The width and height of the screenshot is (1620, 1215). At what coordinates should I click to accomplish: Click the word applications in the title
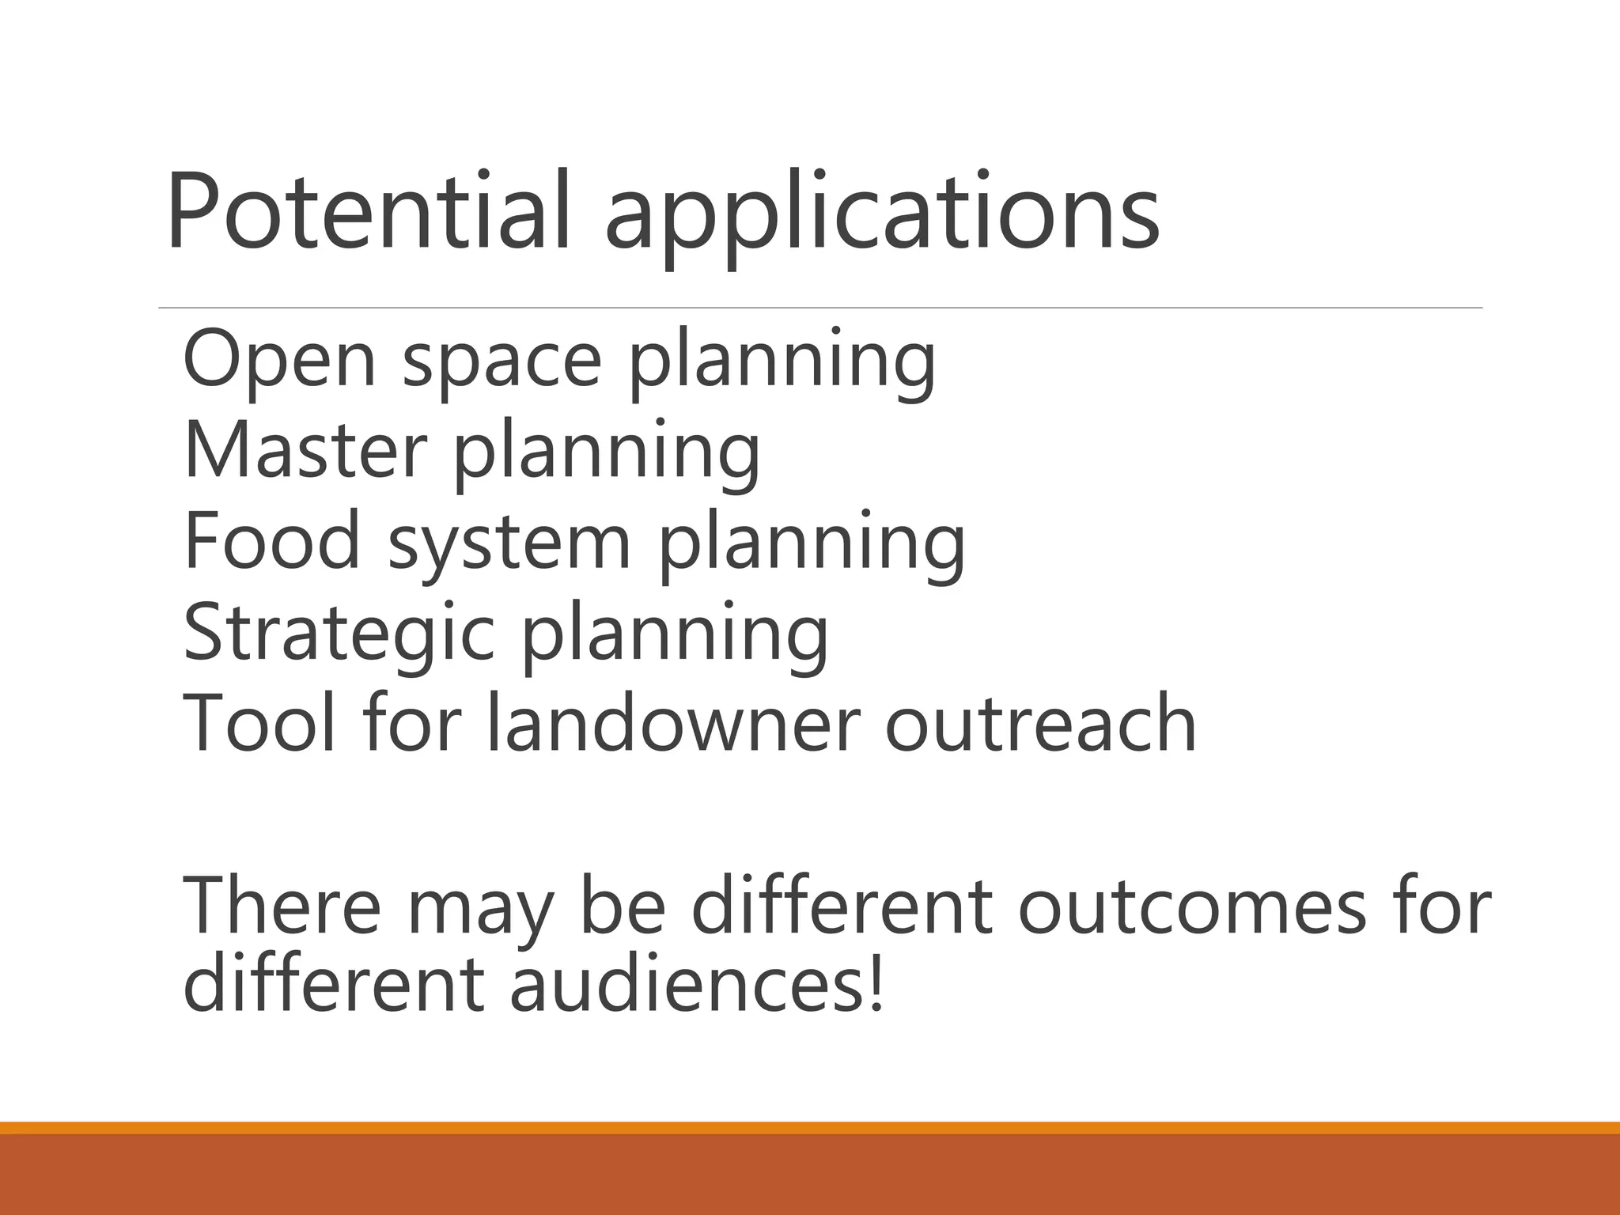click(x=881, y=214)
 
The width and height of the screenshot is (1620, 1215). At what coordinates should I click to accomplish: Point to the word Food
click(x=272, y=540)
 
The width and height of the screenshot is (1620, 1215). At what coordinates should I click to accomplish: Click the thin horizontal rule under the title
click(x=819, y=307)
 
